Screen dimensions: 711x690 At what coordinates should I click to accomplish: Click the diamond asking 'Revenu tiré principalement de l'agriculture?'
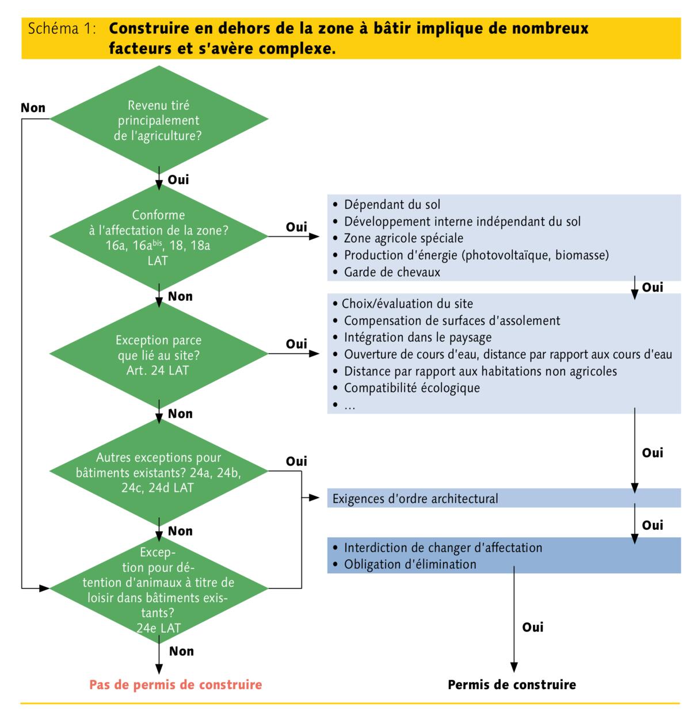click(x=158, y=120)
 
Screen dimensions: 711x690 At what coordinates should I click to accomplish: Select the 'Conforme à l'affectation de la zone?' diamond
click(x=158, y=237)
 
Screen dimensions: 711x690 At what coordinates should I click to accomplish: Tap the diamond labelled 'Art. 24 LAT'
click(x=158, y=355)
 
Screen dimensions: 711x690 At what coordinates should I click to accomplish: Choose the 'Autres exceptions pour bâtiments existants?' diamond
click(x=158, y=472)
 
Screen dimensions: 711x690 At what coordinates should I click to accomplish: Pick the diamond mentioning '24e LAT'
click(x=158, y=590)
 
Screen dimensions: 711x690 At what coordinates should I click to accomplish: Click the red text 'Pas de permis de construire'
click(x=176, y=685)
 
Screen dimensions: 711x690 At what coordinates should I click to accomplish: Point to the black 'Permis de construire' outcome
click(x=512, y=685)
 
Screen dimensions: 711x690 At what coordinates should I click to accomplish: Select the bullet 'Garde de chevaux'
click(x=392, y=272)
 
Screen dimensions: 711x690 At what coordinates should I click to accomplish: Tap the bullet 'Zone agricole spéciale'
click(x=403, y=238)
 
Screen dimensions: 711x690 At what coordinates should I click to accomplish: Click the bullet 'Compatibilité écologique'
click(x=411, y=388)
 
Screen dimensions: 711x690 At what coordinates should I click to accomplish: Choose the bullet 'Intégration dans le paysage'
click(x=418, y=337)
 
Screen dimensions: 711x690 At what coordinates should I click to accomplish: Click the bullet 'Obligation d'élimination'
click(x=410, y=564)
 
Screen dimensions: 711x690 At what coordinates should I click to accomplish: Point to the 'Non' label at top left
click(x=33, y=108)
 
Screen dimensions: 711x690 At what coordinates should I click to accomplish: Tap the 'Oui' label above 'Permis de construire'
click(x=532, y=627)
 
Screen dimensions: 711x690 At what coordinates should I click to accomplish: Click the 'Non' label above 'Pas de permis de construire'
click(x=181, y=651)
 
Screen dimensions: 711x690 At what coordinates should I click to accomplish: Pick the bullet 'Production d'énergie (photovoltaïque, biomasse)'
click(x=476, y=255)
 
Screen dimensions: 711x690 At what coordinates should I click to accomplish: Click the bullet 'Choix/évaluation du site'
click(x=407, y=304)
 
